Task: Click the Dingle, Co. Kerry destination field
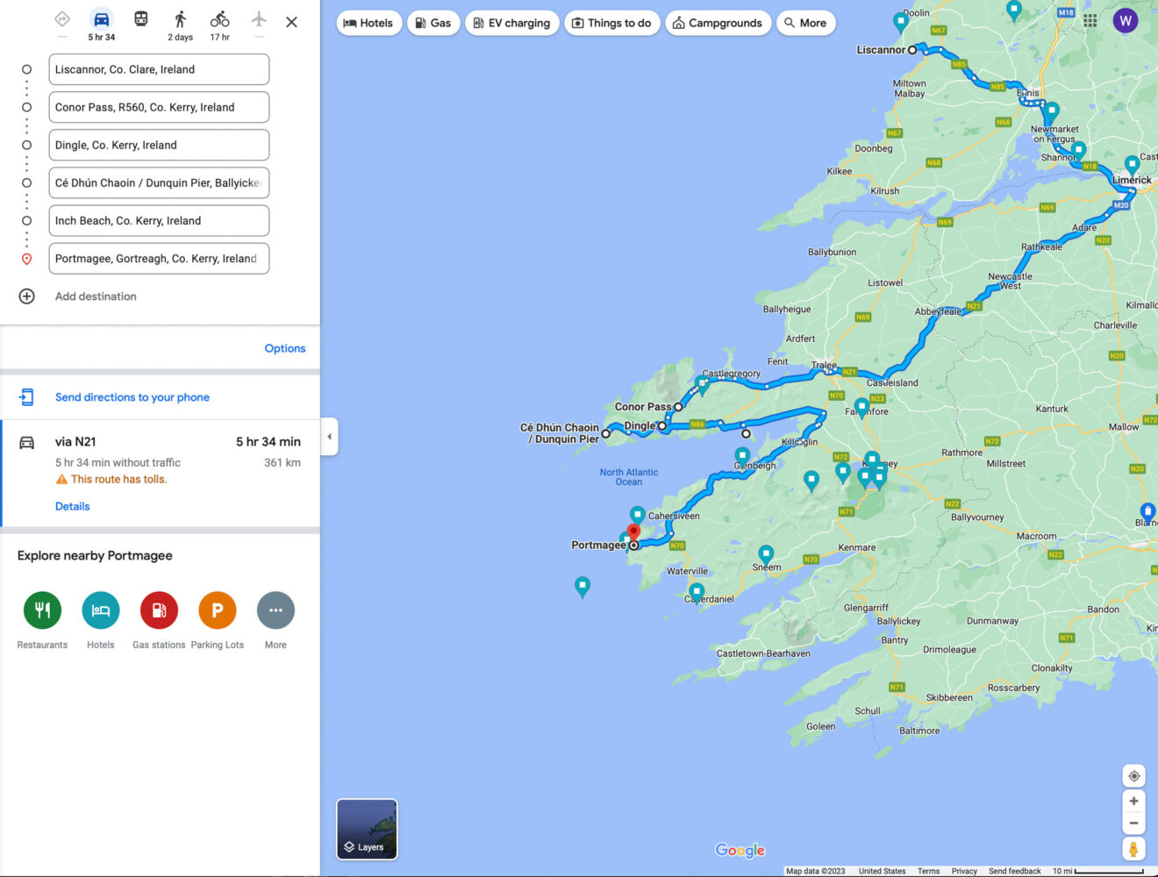(x=158, y=146)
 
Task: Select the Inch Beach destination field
(x=158, y=221)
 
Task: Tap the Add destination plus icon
(x=27, y=296)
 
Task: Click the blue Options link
(x=285, y=348)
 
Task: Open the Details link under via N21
(x=73, y=506)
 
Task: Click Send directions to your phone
(x=132, y=397)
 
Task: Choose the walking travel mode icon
(x=181, y=20)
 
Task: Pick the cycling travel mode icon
(x=219, y=20)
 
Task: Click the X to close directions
(x=291, y=22)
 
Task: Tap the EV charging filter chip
(x=512, y=23)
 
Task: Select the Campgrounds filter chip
(x=718, y=23)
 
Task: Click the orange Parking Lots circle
(x=218, y=610)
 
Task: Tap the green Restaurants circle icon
(x=42, y=610)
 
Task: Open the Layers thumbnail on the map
(x=367, y=829)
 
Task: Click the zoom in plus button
(x=1133, y=801)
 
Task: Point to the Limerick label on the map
(x=1132, y=180)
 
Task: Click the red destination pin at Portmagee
(x=633, y=532)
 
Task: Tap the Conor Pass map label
(x=642, y=407)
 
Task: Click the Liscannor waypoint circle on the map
(x=912, y=50)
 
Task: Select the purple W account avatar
(x=1125, y=21)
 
